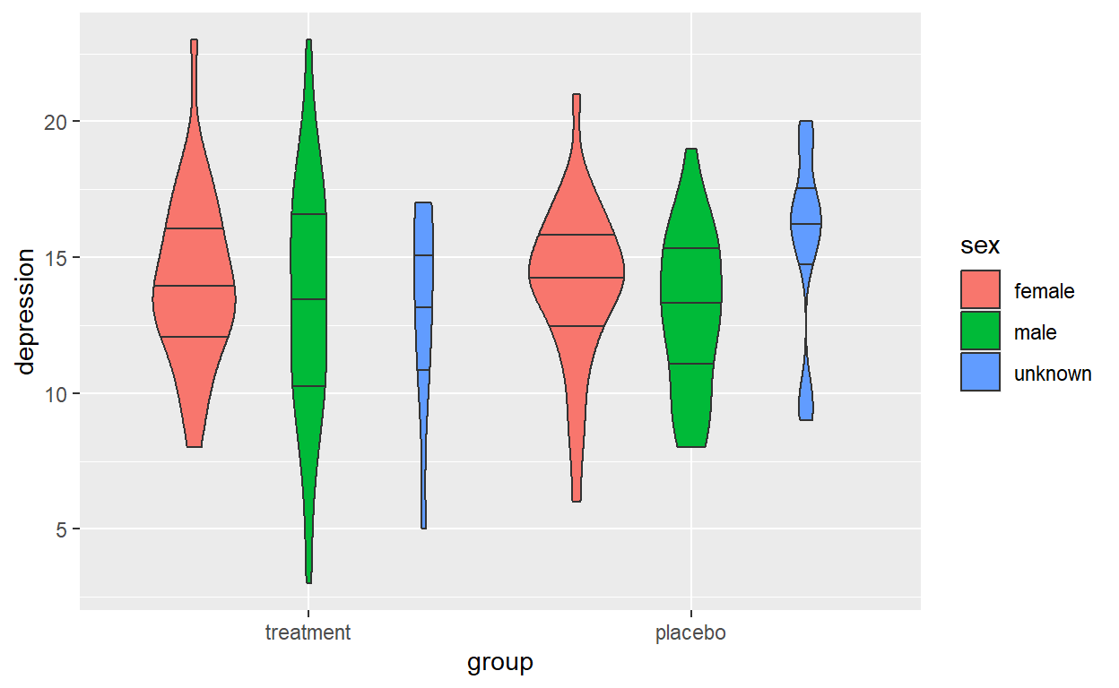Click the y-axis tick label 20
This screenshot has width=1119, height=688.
[56, 122]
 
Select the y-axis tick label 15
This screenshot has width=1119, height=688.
[56, 258]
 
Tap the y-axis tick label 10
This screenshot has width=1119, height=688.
[56, 394]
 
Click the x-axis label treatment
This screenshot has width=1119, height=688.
[308, 633]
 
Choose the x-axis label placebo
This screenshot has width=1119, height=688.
[691, 633]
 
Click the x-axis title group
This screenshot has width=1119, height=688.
[500, 663]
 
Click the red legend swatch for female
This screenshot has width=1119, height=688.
[980, 289]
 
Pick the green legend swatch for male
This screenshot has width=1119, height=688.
[980, 331]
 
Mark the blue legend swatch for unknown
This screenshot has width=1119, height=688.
[980, 372]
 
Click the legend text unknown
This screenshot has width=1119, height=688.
[1052, 374]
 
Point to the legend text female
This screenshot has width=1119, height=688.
[1044, 291]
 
